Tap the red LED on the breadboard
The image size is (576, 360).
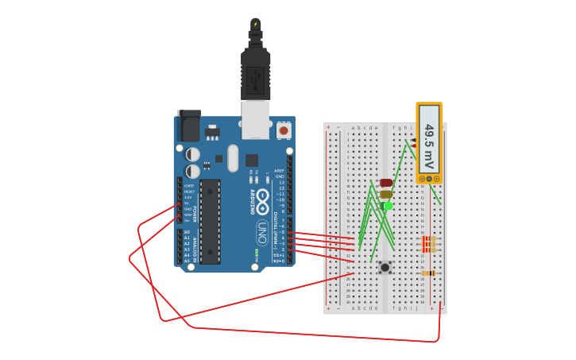[386, 183]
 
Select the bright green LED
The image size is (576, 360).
[387, 206]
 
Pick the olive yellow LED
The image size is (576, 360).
[386, 194]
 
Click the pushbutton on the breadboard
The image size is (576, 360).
[385, 268]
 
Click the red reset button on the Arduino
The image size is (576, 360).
[284, 130]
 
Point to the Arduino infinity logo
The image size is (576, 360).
[261, 215]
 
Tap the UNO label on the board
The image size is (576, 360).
[261, 232]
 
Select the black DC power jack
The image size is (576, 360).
[189, 126]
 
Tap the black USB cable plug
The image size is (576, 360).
[255, 76]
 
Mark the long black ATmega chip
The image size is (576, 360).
[210, 222]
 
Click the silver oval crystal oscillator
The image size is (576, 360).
[232, 157]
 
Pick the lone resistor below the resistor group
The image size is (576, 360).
[428, 273]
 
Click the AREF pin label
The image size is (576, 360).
[279, 171]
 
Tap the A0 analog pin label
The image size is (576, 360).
[187, 232]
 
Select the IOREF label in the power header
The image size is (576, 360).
[189, 186]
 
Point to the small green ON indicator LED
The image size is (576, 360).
[256, 254]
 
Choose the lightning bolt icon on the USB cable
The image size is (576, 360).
[255, 24]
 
